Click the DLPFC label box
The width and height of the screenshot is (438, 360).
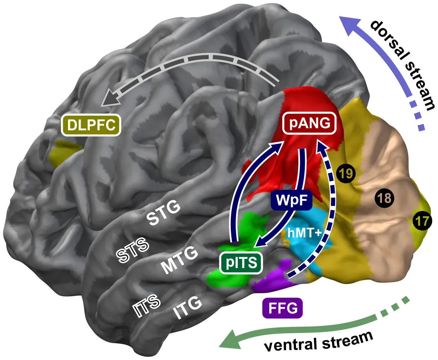click(91, 125)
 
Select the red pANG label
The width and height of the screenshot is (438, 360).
click(310, 123)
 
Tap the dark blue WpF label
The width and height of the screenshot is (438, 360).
click(291, 200)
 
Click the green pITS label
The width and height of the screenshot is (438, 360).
click(241, 263)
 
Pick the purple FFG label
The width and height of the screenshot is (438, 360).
click(283, 308)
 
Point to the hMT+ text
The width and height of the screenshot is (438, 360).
click(304, 233)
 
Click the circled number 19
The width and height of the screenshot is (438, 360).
click(346, 173)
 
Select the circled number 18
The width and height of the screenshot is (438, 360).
click(384, 198)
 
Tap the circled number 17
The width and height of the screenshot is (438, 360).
click(422, 221)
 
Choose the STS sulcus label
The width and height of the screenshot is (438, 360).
click(133, 250)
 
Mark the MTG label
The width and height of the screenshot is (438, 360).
click(179, 260)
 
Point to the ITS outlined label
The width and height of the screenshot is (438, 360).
click(147, 305)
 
